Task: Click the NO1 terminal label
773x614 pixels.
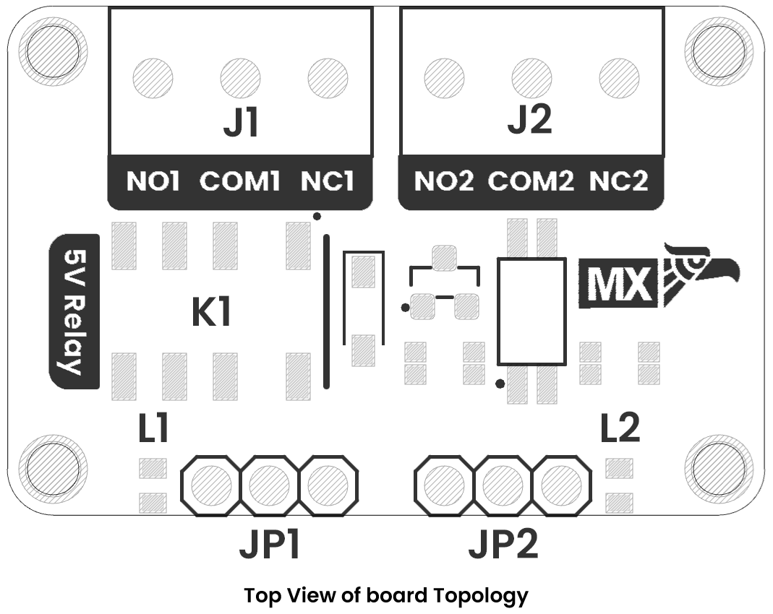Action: click(x=153, y=181)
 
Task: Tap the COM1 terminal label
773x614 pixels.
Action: click(x=239, y=181)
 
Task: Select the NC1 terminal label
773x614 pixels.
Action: click(x=328, y=181)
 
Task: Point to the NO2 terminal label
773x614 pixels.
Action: click(x=444, y=181)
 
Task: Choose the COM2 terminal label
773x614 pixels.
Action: click(x=531, y=181)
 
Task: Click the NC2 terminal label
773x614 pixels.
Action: click(x=619, y=181)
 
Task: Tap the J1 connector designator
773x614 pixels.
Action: click(x=241, y=124)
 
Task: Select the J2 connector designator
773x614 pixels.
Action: click(x=530, y=120)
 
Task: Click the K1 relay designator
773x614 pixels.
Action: click(x=211, y=313)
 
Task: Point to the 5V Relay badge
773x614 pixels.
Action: click(x=73, y=311)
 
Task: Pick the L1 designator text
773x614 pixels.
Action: click(x=153, y=429)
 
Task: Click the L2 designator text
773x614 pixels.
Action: click(x=620, y=429)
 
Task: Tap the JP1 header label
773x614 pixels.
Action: click(x=270, y=545)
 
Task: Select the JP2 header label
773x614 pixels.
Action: click(x=503, y=545)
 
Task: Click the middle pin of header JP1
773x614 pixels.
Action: click(x=270, y=485)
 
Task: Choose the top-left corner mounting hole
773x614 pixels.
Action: click(x=49, y=51)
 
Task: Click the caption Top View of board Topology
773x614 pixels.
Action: click(x=386, y=596)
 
